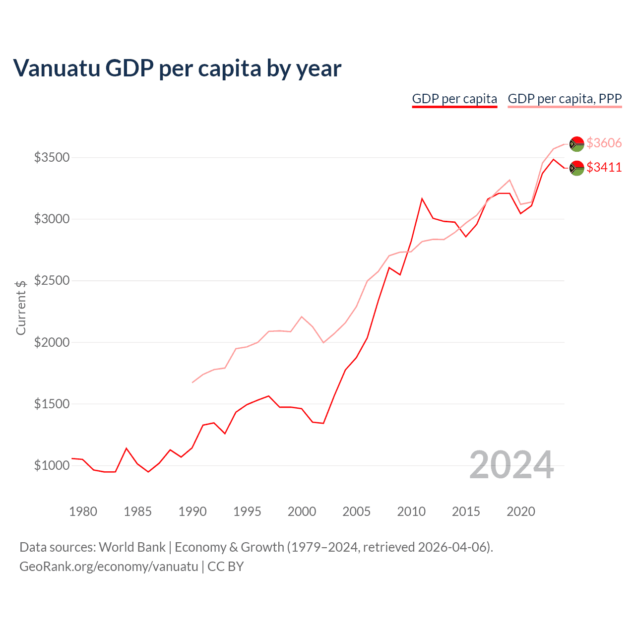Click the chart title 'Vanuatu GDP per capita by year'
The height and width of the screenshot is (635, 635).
177,68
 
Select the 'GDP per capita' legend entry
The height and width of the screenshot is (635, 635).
454,99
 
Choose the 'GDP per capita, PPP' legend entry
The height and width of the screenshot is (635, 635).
565,99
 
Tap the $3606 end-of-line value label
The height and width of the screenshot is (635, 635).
604,143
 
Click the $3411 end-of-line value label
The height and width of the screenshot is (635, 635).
604,167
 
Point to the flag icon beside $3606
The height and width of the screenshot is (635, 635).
576,143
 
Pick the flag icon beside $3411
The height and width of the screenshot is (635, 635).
576,168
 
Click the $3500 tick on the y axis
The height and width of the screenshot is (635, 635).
52,158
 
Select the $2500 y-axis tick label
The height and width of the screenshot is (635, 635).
52,281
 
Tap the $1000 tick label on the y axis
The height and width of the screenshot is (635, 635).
52,465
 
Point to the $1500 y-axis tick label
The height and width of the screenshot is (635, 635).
52,404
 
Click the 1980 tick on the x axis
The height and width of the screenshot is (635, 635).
83,511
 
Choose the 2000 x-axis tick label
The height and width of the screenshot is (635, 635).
302,511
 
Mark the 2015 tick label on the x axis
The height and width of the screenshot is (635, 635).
466,511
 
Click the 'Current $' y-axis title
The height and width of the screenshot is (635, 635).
21,308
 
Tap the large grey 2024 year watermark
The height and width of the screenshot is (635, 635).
511,465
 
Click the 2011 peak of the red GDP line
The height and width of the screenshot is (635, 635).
422,198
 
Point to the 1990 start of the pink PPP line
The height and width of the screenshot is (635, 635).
192,382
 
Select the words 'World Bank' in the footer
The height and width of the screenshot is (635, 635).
132,547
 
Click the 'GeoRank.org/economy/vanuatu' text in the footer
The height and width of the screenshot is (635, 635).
109,567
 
